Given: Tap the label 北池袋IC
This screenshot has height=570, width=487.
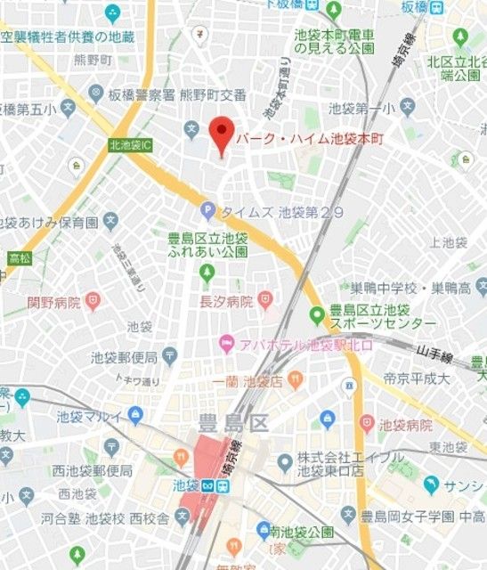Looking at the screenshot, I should [x=131, y=144].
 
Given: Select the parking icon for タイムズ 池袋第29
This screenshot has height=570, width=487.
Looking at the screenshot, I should [x=207, y=212].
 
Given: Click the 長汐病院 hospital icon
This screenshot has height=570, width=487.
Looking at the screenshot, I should [x=265, y=300].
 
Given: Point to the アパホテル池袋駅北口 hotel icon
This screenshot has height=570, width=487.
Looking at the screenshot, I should [x=227, y=343].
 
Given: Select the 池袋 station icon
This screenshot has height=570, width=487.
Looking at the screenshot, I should [x=207, y=486].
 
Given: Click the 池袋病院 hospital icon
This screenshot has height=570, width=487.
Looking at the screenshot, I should [x=366, y=424].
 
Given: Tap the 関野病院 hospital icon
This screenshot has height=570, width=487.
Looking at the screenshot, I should [x=93, y=301].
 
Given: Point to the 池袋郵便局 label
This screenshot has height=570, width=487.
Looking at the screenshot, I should [x=124, y=358].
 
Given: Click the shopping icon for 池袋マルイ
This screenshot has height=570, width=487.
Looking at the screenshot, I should [x=135, y=415].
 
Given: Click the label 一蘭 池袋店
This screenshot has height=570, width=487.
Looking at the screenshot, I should [x=248, y=381].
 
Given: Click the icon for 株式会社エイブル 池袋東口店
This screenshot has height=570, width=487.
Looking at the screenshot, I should [x=285, y=461].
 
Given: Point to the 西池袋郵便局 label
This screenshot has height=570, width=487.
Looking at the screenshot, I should [x=93, y=470].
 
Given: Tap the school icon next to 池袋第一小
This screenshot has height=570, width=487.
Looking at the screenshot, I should [x=407, y=108].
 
